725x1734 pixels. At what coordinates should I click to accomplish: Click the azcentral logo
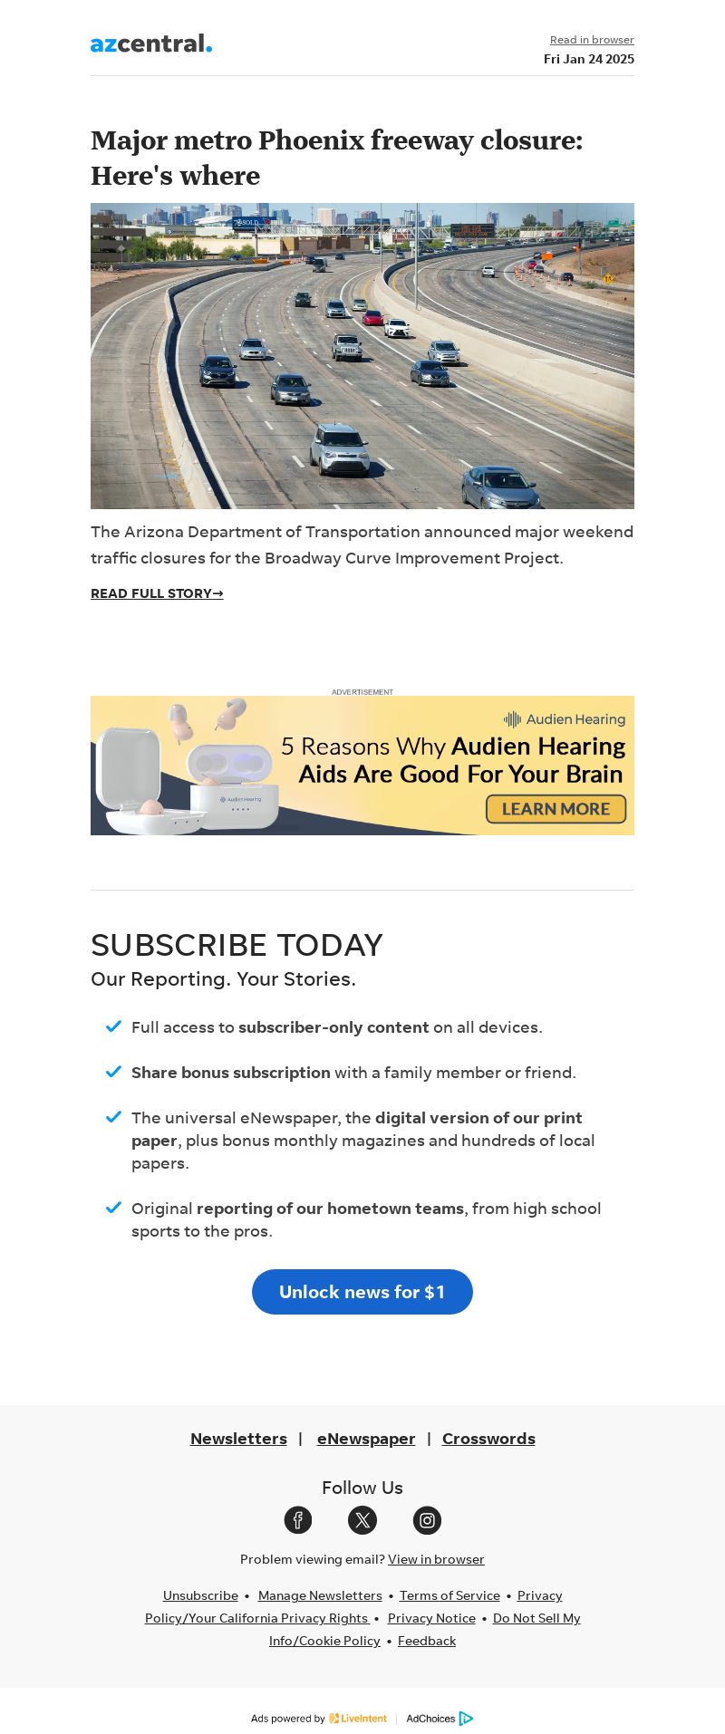point(151,43)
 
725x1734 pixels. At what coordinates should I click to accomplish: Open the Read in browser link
point(592,40)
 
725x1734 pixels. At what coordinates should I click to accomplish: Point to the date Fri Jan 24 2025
point(589,59)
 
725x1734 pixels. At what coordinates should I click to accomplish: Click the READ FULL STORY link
point(157,593)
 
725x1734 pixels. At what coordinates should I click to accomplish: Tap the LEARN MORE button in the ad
point(556,809)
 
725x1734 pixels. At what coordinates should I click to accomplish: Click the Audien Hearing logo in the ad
point(565,719)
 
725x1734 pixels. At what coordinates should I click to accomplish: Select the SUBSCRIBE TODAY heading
point(237,945)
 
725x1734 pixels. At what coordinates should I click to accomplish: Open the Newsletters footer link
point(238,1439)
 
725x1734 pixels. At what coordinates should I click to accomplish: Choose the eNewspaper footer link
point(366,1439)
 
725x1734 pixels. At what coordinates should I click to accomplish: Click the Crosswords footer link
point(488,1439)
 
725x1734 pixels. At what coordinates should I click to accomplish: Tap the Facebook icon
point(298,1520)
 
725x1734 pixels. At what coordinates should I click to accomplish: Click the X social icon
point(362,1520)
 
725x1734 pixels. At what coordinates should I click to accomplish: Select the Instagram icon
point(427,1520)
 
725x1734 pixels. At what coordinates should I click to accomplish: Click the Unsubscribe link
point(200,1595)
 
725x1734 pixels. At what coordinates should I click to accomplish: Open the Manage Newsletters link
point(320,1595)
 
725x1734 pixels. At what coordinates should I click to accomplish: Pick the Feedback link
point(427,1641)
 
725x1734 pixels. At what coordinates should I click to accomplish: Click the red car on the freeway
point(372,317)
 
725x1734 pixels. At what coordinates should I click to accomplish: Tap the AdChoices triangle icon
point(466,1719)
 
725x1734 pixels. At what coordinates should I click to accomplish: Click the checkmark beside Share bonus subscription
point(113,1072)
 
